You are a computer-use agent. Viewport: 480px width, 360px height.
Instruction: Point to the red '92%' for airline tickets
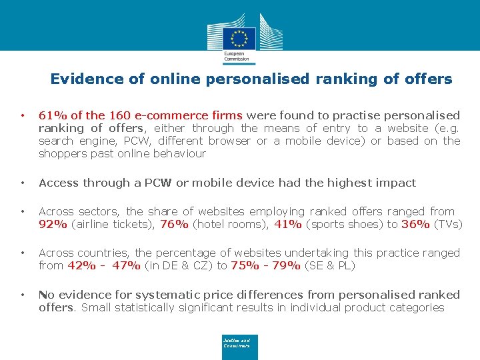pos(53,224)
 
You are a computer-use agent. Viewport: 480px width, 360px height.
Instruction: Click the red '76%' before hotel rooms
pos(175,224)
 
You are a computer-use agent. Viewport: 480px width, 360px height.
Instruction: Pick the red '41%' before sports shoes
pos(288,224)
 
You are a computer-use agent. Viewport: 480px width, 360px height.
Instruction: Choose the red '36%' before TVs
pos(415,224)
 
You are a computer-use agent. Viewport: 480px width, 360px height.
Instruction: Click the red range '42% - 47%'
pos(104,265)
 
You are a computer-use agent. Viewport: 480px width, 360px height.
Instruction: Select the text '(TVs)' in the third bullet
pos(448,224)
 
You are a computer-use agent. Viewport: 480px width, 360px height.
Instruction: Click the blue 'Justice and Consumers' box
pos(239,347)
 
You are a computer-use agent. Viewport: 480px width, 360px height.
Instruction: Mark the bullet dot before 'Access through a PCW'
pos(23,183)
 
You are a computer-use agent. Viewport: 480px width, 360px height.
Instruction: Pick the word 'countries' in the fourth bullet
pos(104,253)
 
